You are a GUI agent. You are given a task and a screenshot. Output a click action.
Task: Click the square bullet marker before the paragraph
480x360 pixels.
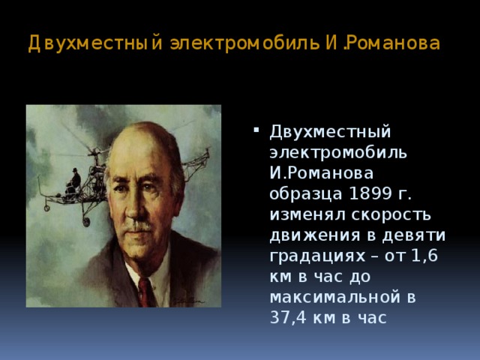tap(256, 131)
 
